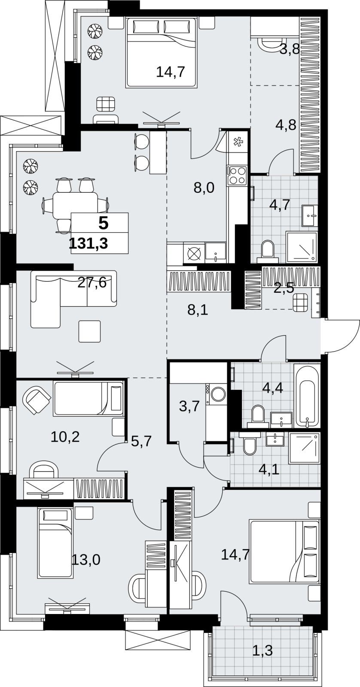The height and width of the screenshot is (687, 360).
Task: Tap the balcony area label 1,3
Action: point(263,647)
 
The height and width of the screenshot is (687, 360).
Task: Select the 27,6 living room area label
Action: point(92,282)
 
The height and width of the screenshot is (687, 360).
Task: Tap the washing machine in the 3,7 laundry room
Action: point(217,393)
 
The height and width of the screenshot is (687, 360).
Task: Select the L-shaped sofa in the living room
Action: point(73,299)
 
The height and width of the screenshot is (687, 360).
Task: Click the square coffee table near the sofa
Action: point(90,331)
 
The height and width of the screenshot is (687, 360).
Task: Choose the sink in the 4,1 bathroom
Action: point(276,440)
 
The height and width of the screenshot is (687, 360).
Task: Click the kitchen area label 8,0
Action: point(204,187)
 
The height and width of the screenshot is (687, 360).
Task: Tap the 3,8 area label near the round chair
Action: point(289,49)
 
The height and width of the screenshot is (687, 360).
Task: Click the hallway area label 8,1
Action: point(198,310)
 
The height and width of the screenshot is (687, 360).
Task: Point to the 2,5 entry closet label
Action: point(284,288)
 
